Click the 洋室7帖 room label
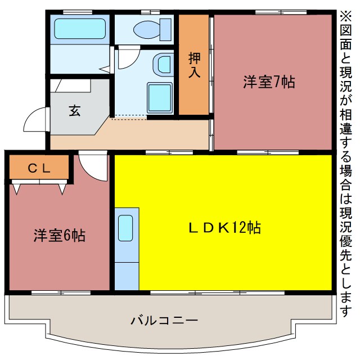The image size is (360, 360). (x=269, y=82)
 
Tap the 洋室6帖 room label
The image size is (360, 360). (x=59, y=236)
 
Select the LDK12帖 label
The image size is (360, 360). (x=224, y=228)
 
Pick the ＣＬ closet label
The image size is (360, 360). (x=39, y=167)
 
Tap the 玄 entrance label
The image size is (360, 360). (x=74, y=110)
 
